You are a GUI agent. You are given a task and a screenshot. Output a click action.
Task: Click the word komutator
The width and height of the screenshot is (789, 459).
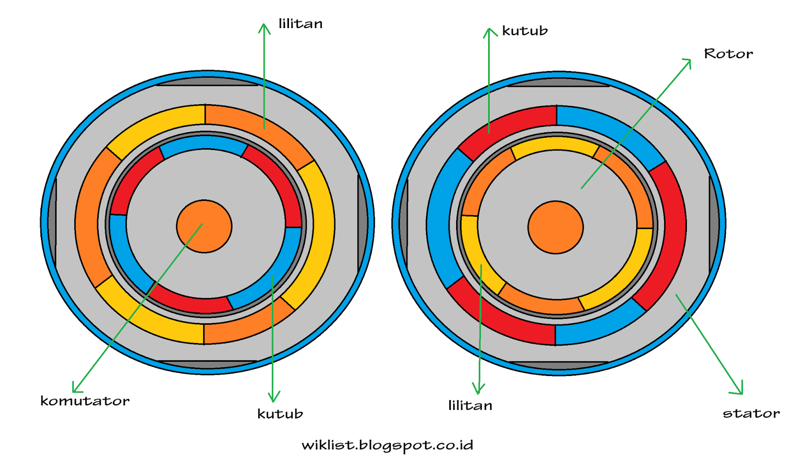[85, 401]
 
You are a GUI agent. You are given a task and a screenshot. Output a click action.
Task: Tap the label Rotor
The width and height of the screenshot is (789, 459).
[728, 53]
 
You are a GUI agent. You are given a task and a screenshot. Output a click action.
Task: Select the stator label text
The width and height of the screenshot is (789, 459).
[751, 413]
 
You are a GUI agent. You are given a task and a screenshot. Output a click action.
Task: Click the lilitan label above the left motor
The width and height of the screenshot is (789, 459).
[300, 24]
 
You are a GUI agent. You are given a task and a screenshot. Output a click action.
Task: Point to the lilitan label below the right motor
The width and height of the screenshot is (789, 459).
[470, 406]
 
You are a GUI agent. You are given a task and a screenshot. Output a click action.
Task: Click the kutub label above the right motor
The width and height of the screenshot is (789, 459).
[525, 31]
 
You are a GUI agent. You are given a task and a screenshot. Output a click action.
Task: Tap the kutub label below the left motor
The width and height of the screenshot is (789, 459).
[280, 414]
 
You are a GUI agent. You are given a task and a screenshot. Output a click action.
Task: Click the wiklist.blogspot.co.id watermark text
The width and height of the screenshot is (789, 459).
[387, 445]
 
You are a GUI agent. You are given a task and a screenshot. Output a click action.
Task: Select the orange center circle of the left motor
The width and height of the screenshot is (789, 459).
[204, 227]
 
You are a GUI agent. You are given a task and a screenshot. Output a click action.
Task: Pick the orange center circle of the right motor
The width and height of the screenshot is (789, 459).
[555, 227]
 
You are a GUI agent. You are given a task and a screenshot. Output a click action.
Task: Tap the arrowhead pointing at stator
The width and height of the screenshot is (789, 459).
[740, 390]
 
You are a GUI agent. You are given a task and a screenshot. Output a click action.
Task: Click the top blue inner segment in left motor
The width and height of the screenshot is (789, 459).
[204, 144]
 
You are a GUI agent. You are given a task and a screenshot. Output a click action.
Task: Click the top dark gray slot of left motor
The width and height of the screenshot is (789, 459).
[207, 81]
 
